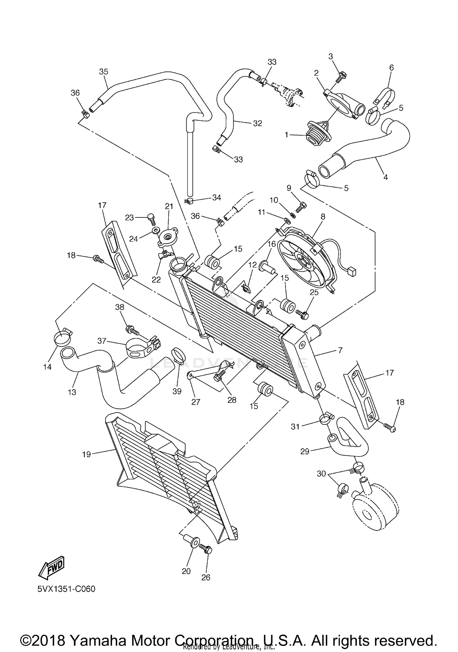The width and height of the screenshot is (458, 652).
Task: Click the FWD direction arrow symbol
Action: (x=51, y=567)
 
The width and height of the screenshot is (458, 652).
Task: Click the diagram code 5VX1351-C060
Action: (x=66, y=589)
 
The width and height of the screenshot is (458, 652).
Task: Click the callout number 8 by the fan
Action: (x=323, y=217)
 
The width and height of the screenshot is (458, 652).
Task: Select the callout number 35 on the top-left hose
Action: (x=104, y=71)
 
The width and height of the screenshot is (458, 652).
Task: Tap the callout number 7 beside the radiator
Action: (x=340, y=350)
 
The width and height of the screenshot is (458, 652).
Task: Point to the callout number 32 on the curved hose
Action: (x=257, y=123)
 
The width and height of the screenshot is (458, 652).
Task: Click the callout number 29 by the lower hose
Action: (x=305, y=451)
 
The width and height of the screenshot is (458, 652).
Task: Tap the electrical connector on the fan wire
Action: (x=353, y=271)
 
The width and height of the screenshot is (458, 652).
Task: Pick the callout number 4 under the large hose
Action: (x=385, y=177)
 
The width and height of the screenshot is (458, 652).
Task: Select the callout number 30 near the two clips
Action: (x=321, y=473)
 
